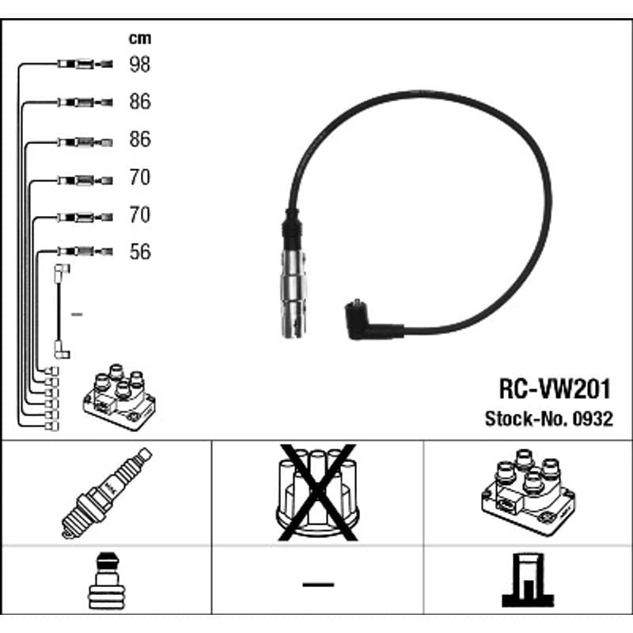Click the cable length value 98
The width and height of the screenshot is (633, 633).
[140, 64]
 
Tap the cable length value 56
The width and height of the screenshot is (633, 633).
[140, 252]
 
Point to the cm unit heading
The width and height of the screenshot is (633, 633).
[140, 38]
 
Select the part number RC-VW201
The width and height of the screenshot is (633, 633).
[555, 389]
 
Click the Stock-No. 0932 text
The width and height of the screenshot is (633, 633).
[549, 419]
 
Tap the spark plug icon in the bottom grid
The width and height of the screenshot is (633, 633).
[107, 493]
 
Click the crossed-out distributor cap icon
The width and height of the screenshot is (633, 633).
[317, 492]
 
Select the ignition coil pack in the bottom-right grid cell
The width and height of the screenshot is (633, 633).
[528, 493]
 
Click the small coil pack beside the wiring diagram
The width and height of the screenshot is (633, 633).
[119, 397]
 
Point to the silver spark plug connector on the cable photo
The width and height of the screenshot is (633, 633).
[294, 293]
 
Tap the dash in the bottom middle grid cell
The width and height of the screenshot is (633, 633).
[318, 584]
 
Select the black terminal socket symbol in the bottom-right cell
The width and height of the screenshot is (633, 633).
[528, 580]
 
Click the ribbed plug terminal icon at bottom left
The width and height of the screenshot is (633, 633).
[107, 581]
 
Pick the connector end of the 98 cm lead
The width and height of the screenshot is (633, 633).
[85, 64]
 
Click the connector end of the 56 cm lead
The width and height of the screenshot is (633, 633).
[85, 252]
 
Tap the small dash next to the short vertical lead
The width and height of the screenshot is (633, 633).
[77, 314]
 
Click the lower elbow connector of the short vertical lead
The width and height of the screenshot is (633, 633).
[62, 351]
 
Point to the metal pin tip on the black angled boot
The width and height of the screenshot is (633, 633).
[357, 301]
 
